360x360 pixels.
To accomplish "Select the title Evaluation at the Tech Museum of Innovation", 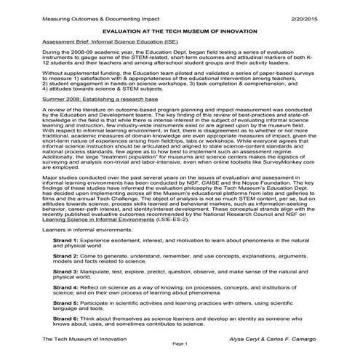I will click(x=179, y=32).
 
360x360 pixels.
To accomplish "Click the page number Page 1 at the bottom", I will click(x=180, y=353).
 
